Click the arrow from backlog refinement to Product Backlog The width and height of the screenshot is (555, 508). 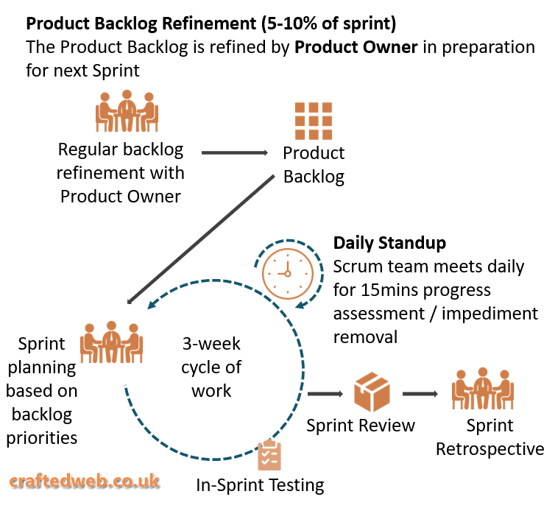pos(234,153)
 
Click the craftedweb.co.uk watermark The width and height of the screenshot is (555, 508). pos(83,481)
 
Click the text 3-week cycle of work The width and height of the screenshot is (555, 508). pos(211,367)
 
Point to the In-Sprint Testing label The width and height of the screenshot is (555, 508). pos(260,485)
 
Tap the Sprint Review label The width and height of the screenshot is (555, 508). pos(361,425)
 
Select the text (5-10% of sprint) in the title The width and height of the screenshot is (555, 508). pos(328,24)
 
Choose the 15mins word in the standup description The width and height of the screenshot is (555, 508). pos(389,290)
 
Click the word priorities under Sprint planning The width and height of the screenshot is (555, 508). pos(42,438)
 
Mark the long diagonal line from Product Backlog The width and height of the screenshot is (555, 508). pos(206,239)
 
